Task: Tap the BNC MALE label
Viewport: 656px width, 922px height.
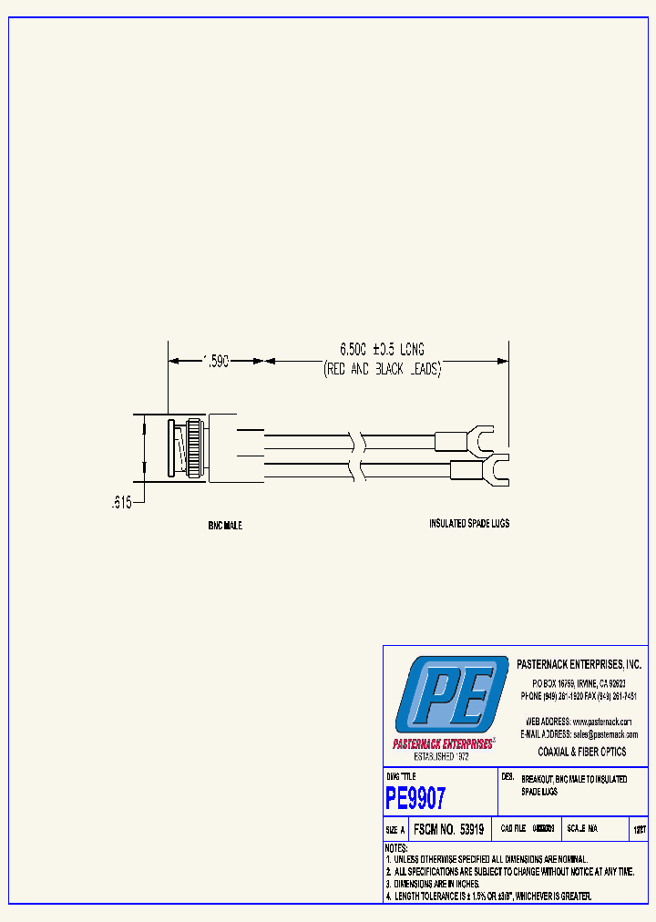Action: pos(224,526)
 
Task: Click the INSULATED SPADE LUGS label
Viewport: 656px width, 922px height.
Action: pos(469,524)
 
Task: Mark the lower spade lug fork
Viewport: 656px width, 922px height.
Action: pos(494,470)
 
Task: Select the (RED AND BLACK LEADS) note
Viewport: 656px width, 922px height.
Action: pos(383,370)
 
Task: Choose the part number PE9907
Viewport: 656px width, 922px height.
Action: pos(416,799)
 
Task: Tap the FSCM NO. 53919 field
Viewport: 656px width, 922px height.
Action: pos(447,830)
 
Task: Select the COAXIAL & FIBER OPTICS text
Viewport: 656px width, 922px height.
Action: pos(582,752)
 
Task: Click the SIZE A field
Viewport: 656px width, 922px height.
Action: pos(395,830)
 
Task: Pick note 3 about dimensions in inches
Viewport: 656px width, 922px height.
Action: pos(433,884)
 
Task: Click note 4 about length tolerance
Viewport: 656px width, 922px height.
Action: pos(488,896)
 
